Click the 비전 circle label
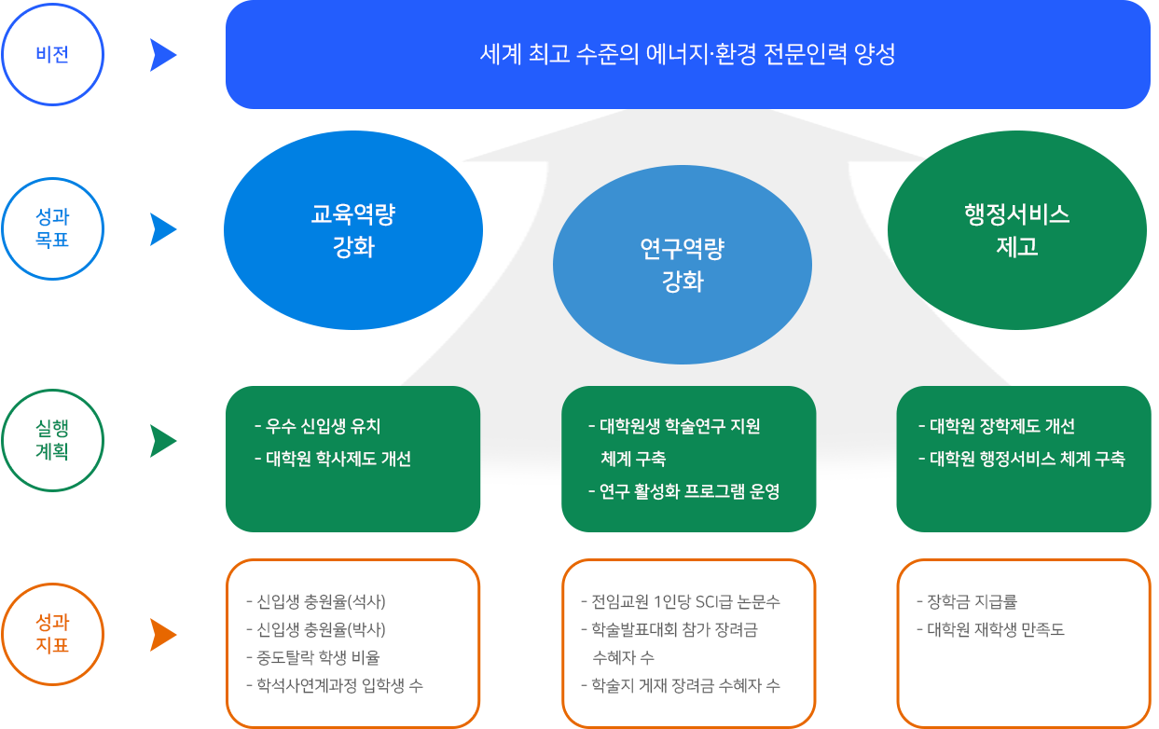pos(52,54)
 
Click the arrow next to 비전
pos(163,55)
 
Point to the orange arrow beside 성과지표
pos(163,635)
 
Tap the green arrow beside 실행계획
pos(163,441)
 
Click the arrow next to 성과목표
pos(163,229)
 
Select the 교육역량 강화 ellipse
pos(353,230)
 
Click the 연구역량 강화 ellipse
pos(683,265)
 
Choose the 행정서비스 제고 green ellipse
pos(1017,230)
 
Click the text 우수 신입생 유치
pos(323,426)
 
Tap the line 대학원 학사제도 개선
pos(338,459)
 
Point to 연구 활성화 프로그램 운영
pos(689,491)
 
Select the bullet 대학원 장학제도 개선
pos(1002,426)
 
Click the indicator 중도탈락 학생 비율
pos(318,657)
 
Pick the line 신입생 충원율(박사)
pos(322,629)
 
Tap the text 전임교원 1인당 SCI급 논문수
pos(685,601)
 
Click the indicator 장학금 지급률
pos(973,601)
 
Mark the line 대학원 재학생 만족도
pos(996,629)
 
